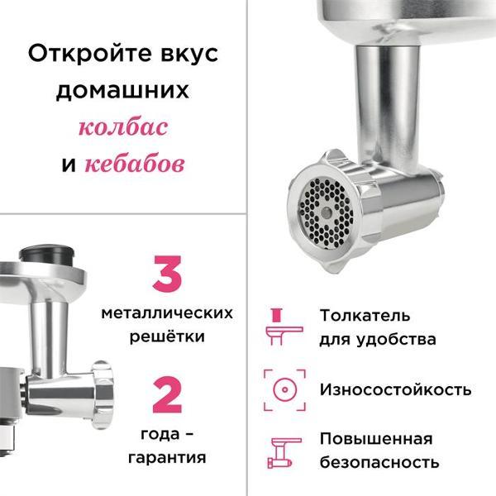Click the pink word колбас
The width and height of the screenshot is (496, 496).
tap(123, 128)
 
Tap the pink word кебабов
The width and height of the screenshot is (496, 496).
tap(133, 164)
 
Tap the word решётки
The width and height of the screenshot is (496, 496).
tap(167, 336)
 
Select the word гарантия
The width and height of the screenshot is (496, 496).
tap(167, 457)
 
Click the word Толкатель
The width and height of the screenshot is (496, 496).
tap(365, 315)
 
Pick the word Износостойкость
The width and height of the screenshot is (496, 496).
tap(395, 389)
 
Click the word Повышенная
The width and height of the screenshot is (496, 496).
tap(375, 438)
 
